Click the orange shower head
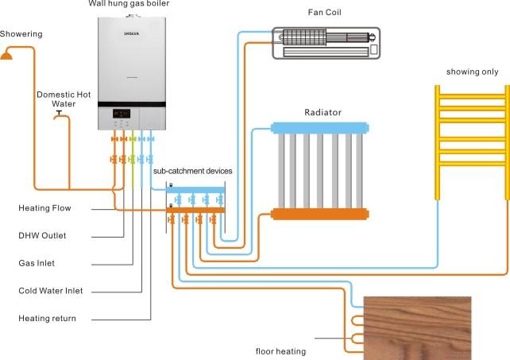(6, 55)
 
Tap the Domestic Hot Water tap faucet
(60, 115)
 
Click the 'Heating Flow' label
(44, 208)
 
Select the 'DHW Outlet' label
(42, 236)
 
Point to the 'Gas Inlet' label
(37, 263)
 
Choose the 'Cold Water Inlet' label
(50, 291)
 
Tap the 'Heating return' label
(47, 319)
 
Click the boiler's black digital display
(122, 114)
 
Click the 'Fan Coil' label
(325, 13)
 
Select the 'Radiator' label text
(323, 112)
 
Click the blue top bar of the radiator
(320, 128)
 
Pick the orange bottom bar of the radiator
(320, 215)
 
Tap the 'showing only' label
(473, 72)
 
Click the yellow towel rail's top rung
(473, 96)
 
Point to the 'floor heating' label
(280, 351)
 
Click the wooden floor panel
(417, 328)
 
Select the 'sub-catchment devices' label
(192, 171)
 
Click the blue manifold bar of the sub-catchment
(195, 190)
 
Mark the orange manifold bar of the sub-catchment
(195, 211)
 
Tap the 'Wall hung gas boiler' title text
(129, 4)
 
